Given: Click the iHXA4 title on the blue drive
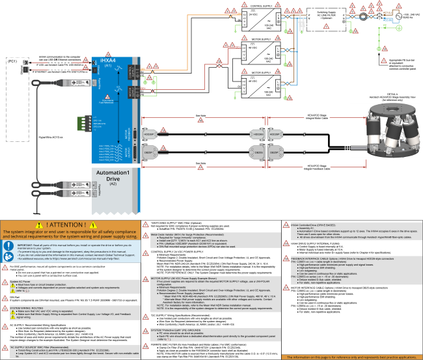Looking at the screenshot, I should (107, 59).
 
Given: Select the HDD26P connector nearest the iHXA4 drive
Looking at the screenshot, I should (149, 135).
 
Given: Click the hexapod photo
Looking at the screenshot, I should (385, 135).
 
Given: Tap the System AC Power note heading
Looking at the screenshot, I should (20, 281).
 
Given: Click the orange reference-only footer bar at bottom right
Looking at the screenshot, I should (351, 357).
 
